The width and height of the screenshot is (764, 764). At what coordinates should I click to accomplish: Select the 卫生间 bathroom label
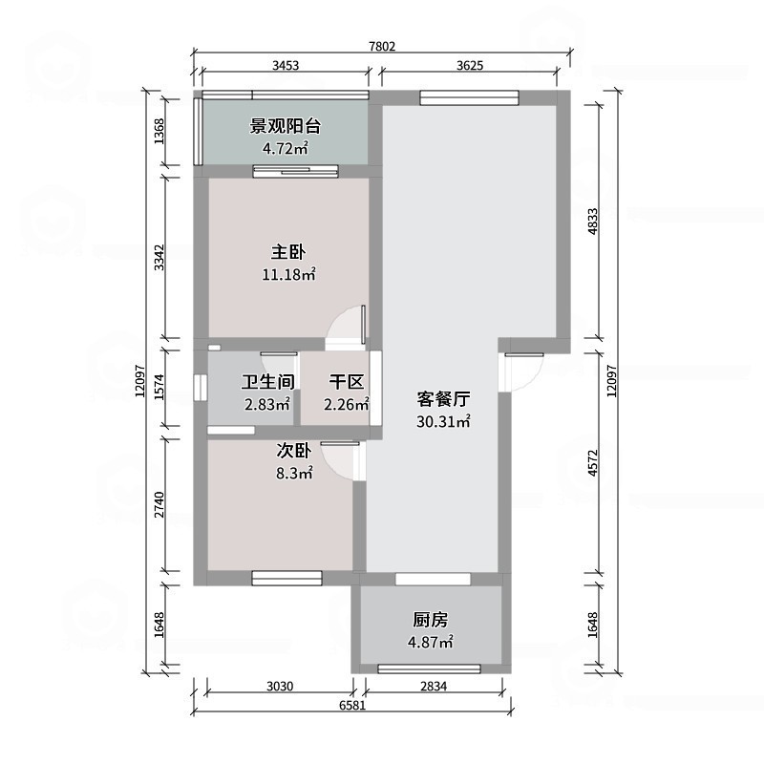[267, 382]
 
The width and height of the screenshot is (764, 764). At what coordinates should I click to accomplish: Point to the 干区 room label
[346, 382]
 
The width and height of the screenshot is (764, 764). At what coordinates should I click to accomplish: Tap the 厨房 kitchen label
[430, 619]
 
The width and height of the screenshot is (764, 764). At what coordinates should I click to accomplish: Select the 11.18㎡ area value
[288, 275]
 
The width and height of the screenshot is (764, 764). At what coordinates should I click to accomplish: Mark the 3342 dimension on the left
[160, 256]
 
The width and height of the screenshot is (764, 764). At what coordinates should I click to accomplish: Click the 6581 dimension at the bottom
[353, 706]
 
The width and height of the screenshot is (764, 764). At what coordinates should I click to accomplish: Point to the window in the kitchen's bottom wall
[430, 668]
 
